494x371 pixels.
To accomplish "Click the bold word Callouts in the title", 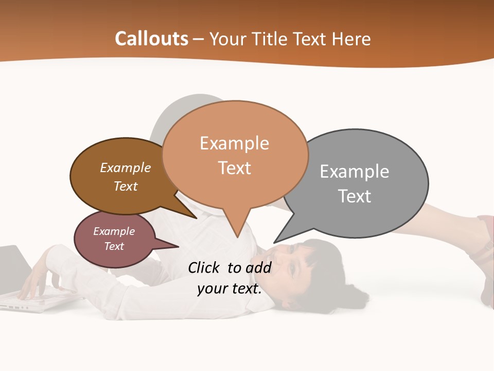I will (151, 39).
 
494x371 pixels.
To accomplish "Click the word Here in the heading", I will (352, 39).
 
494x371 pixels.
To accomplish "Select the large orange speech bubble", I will (235, 155).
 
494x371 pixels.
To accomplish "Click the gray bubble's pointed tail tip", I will (275, 242).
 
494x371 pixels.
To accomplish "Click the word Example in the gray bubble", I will (355, 171).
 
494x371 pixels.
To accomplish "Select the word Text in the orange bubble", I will (235, 168).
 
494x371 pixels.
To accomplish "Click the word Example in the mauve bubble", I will (114, 231).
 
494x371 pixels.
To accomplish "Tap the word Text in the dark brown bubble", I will (126, 186).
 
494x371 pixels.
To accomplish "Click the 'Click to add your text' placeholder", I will (230, 278).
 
